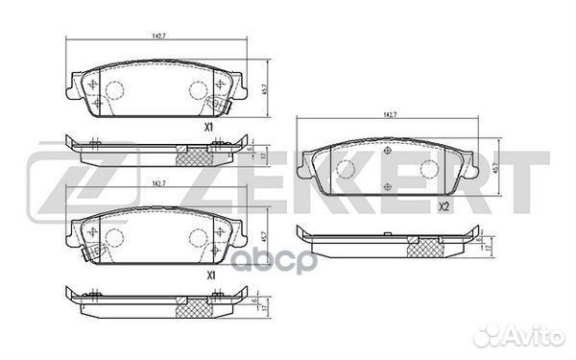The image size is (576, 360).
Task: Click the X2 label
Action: [x=444, y=206]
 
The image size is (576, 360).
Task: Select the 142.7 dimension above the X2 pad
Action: [x=390, y=115]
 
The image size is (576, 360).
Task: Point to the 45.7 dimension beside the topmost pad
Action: [x=264, y=87]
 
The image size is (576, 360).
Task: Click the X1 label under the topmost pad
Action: [x=208, y=126]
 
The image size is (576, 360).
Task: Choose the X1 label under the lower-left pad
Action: [x=208, y=275]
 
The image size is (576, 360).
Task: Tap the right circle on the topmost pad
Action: [x=198, y=90]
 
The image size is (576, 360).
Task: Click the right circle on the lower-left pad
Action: [x=198, y=238]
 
